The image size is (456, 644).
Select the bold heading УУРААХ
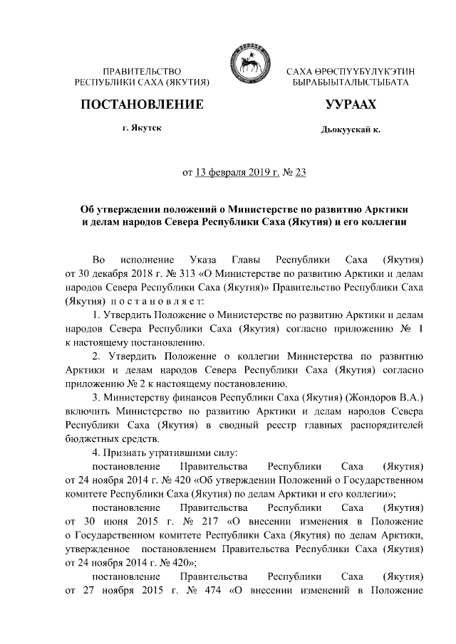click(350, 105)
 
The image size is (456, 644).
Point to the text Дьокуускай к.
click(350, 130)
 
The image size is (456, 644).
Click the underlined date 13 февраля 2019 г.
click(234, 171)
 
